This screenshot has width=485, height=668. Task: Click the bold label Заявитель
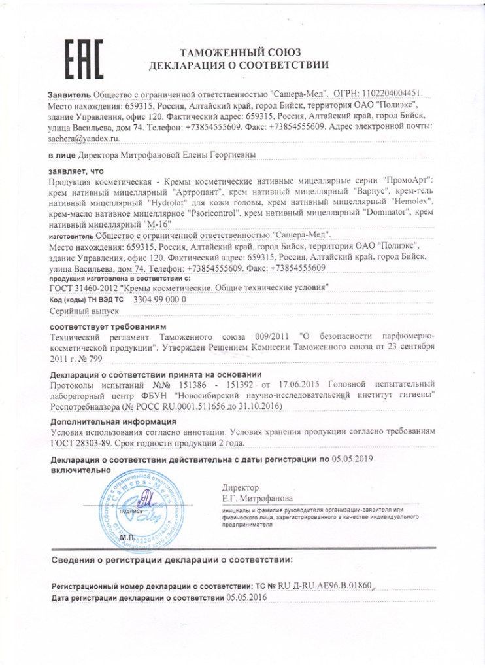click(x=70, y=94)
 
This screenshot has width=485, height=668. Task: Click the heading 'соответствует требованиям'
click(x=109, y=326)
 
